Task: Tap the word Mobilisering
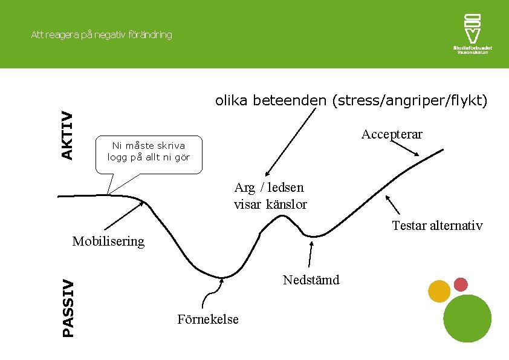click(x=108, y=241)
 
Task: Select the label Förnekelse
click(x=208, y=319)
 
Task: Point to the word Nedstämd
click(x=311, y=280)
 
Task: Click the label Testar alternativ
click(x=437, y=226)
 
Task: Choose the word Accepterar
click(x=392, y=134)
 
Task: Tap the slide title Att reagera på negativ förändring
click(x=102, y=35)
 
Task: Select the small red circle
click(x=461, y=284)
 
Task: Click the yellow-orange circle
click(x=439, y=292)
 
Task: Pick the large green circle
click(x=467, y=319)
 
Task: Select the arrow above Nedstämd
click(x=311, y=254)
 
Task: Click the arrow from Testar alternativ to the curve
click(x=393, y=205)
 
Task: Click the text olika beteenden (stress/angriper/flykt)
click(x=351, y=100)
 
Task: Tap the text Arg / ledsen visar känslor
click(x=270, y=196)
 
